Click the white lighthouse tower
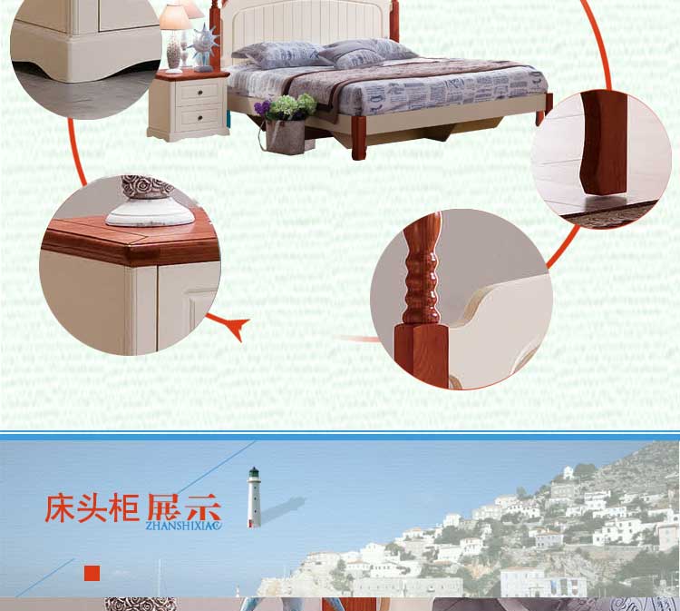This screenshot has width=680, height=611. click(254, 498)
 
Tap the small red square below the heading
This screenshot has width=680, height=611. click(92, 573)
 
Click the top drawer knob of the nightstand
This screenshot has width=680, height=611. click(200, 92)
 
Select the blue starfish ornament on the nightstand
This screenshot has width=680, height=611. click(204, 47)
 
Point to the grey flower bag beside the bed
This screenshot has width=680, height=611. click(286, 136)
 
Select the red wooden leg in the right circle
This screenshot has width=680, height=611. click(604, 143)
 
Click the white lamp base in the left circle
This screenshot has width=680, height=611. click(150, 211)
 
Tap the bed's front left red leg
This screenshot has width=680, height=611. click(359, 138)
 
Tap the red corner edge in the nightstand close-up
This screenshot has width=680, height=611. click(130, 252)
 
